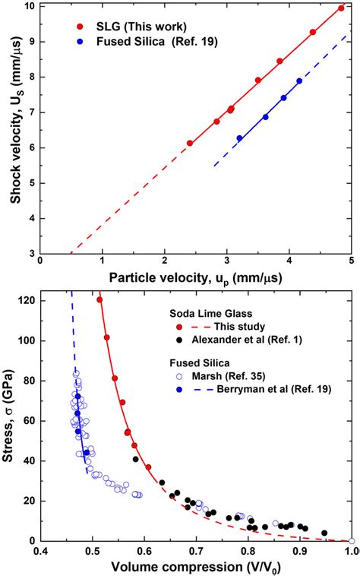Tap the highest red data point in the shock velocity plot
341,8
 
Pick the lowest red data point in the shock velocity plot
190,143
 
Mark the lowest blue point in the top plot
239,138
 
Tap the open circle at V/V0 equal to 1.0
351,541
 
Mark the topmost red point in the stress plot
99,299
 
